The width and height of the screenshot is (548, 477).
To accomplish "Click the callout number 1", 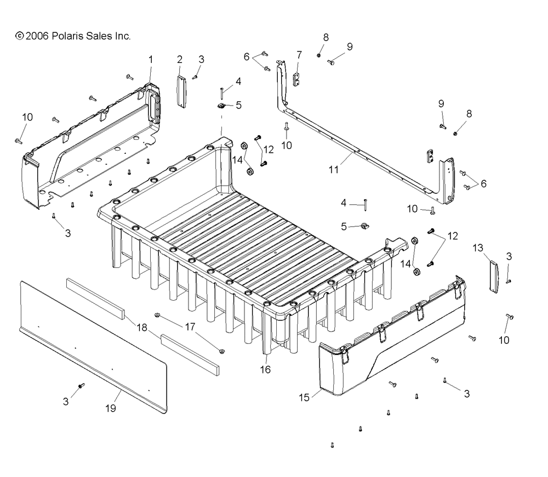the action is click(151, 60).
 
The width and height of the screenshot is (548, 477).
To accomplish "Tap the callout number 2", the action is click(180, 59).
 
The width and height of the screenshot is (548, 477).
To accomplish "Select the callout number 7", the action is click(299, 55).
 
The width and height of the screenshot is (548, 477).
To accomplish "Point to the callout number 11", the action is click(334, 170).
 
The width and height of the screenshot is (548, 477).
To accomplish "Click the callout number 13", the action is click(478, 248).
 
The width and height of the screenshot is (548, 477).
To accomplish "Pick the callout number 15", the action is click(304, 398).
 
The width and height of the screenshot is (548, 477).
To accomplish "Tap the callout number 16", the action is click(265, 370).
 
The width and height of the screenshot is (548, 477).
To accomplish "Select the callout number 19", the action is click(111, 408).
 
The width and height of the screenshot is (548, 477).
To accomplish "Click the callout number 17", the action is click(190, 327).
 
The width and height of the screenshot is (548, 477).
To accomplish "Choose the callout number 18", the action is click(141, 327).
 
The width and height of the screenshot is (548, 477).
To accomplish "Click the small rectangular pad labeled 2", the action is click(181, 92).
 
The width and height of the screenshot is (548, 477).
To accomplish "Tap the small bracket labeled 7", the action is click(296, 80).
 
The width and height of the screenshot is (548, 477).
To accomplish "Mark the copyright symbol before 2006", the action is click(20, 36).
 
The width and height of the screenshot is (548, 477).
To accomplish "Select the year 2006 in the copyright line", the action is click(37, 36).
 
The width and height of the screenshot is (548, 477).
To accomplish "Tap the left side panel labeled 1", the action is click(92, 147).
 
